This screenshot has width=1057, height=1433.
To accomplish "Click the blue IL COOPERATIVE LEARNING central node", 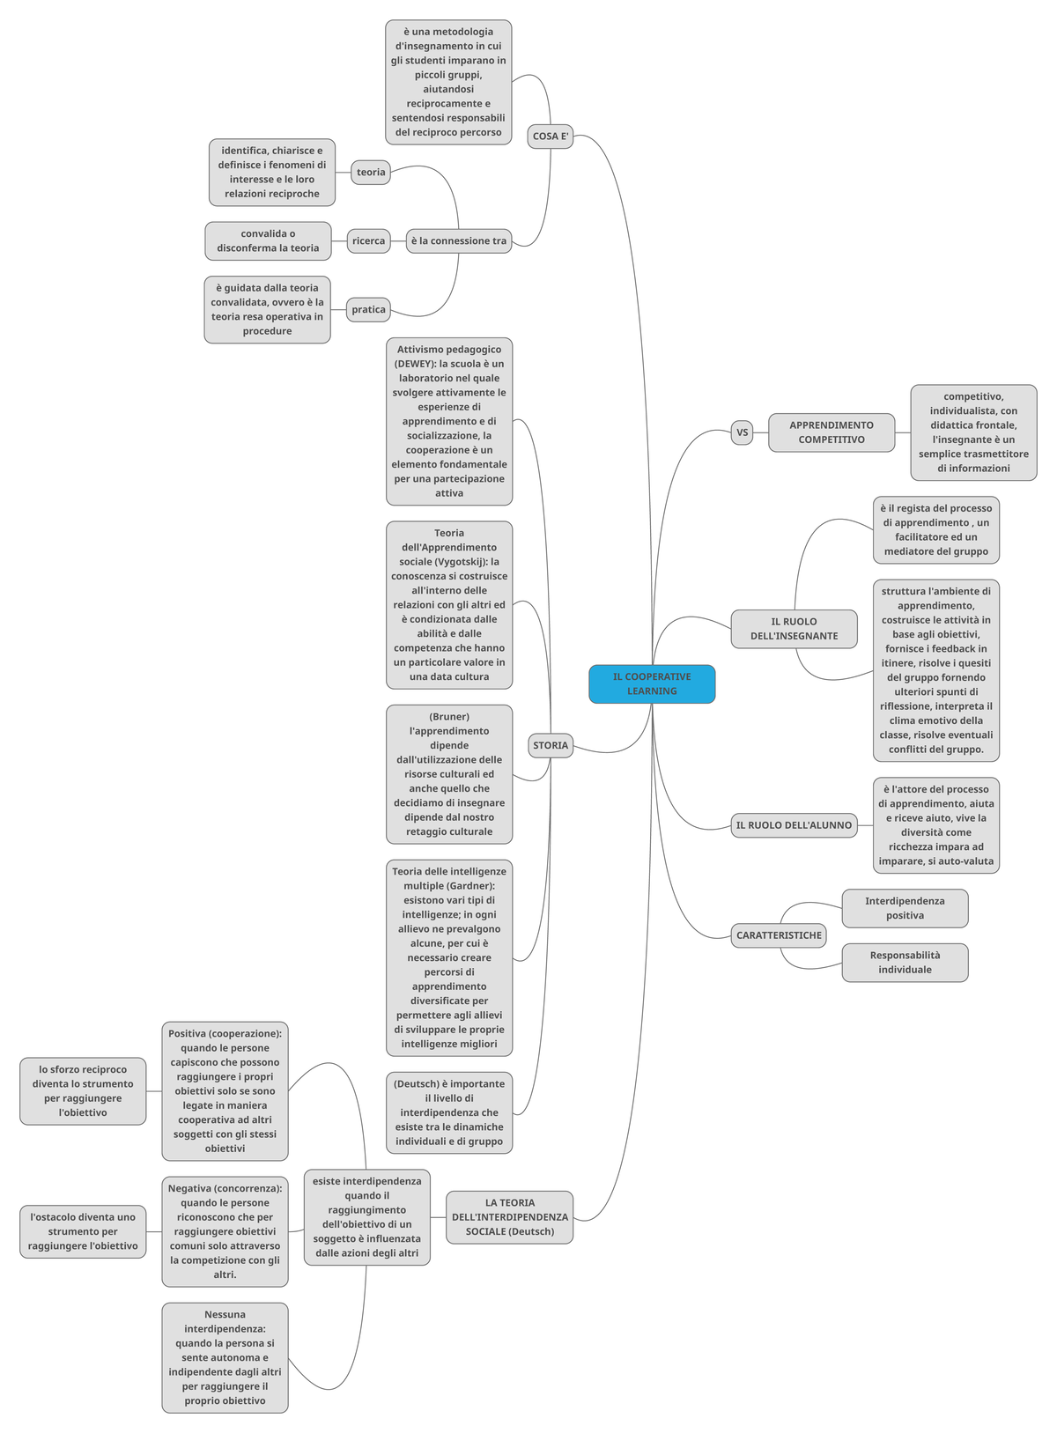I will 652,684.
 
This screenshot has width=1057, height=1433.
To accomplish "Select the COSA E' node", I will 551,137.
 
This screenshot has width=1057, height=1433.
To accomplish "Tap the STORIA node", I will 551,745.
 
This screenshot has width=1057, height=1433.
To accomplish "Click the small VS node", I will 742,432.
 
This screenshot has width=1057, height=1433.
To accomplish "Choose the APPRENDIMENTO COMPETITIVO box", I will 831,432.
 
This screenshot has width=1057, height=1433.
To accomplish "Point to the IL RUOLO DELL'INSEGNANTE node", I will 794,629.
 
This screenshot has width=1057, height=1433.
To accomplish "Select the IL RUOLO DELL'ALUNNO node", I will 794,825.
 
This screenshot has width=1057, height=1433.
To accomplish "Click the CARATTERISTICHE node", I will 779,935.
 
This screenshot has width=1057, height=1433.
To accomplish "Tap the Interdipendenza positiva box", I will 905,908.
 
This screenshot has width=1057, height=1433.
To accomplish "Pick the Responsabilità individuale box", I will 905,963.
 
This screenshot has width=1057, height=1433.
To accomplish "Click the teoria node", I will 371,172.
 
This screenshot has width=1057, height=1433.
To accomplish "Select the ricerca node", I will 368,240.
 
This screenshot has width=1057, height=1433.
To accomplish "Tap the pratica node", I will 368,309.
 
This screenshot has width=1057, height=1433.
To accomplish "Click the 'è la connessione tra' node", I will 459,240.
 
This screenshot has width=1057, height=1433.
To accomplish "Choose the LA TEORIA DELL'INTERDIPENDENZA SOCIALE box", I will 509,1217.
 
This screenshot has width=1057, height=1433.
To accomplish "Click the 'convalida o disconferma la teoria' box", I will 268,241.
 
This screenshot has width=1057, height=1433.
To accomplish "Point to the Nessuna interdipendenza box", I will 225,1357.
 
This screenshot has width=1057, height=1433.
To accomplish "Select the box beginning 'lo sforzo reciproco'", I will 83,1091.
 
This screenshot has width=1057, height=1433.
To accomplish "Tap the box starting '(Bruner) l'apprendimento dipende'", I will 449,774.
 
